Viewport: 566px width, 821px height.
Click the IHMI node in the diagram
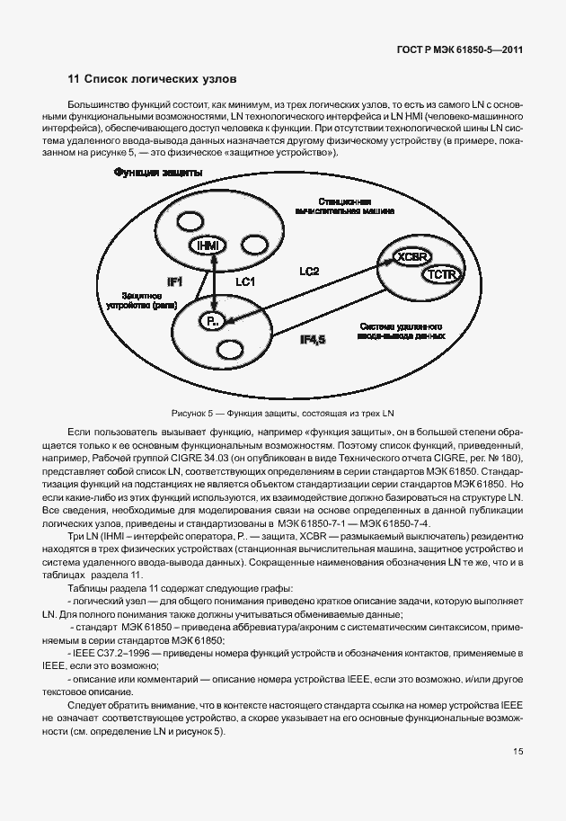206,245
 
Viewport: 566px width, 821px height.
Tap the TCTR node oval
443,272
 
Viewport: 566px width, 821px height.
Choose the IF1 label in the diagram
175,281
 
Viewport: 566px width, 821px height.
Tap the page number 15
518,751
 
